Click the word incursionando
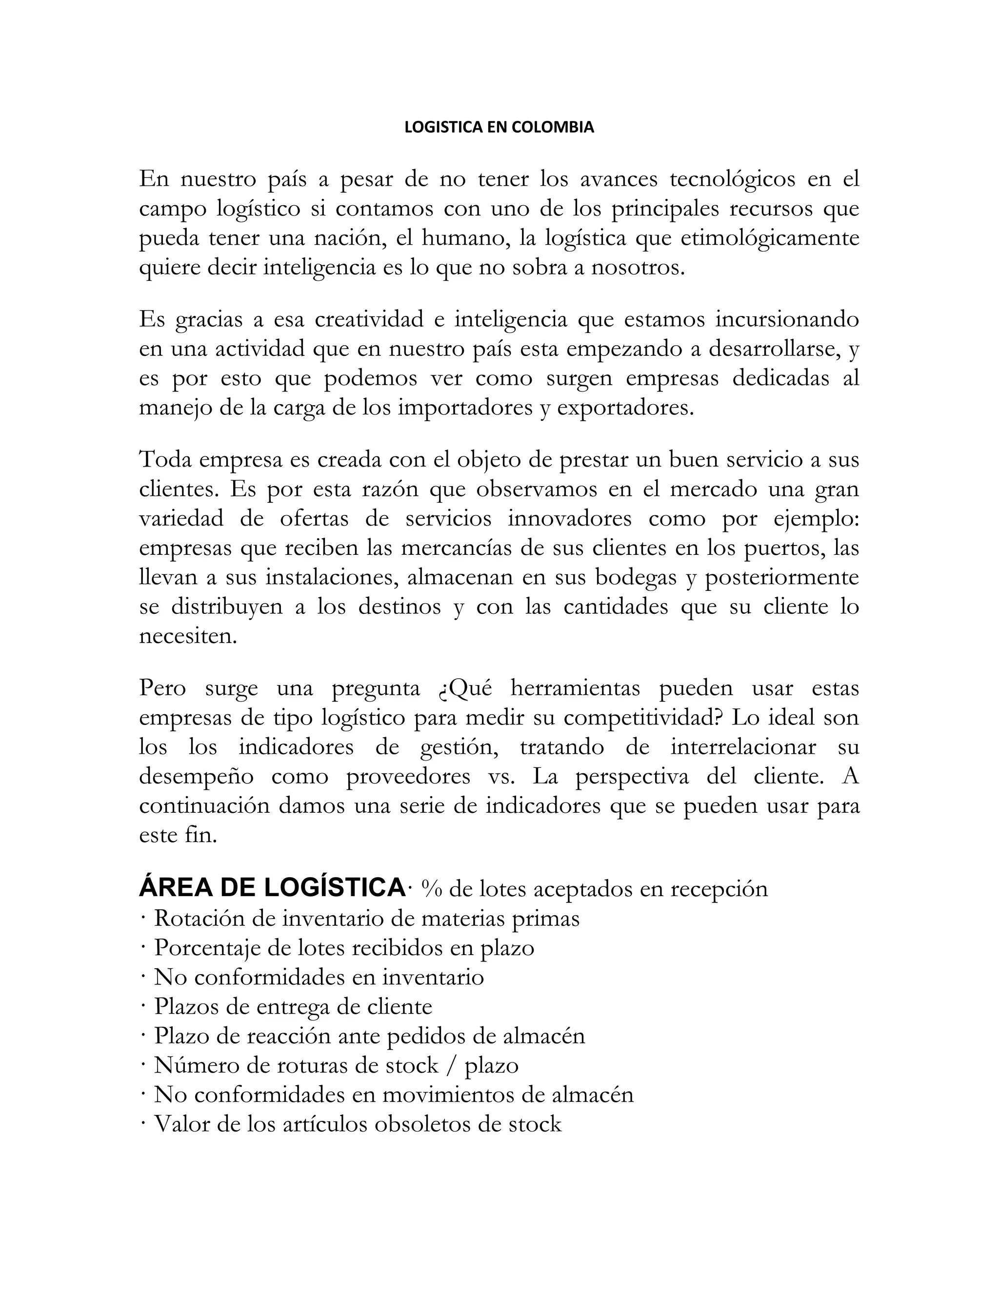[787, 319]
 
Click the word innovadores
[569, 518]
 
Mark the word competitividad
[644, 718]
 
